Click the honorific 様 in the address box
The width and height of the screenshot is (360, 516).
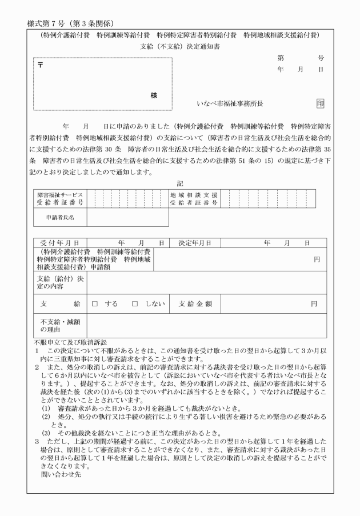click(x=154, y=95)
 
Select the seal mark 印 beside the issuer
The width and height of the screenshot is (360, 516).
click(x=320, y=103)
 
